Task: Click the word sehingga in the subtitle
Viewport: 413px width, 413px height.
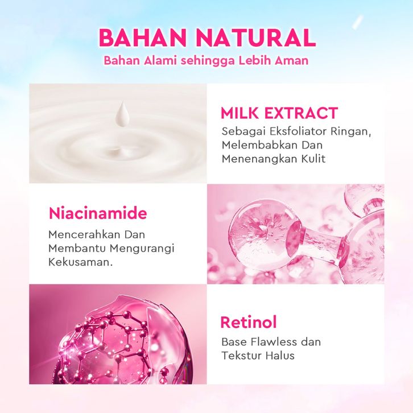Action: [x=207, y=61]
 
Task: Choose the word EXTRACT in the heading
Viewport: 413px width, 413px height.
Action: [x=301, y=113]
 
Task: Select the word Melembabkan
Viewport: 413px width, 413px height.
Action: [x=259, y=145]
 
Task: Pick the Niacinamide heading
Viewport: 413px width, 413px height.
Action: [x=98, y=213]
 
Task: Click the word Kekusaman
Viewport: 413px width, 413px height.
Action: [x=80, y=262]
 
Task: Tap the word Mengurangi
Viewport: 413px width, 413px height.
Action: [x=142, y=249]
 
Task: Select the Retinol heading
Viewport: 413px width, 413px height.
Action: [x=249, y=322]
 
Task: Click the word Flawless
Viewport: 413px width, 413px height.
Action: [x=274, y=342]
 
